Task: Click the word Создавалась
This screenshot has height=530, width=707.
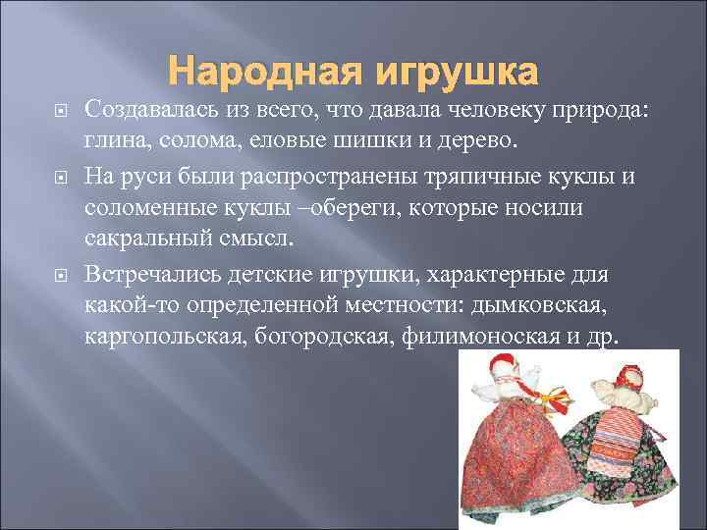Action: coord(153,108)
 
